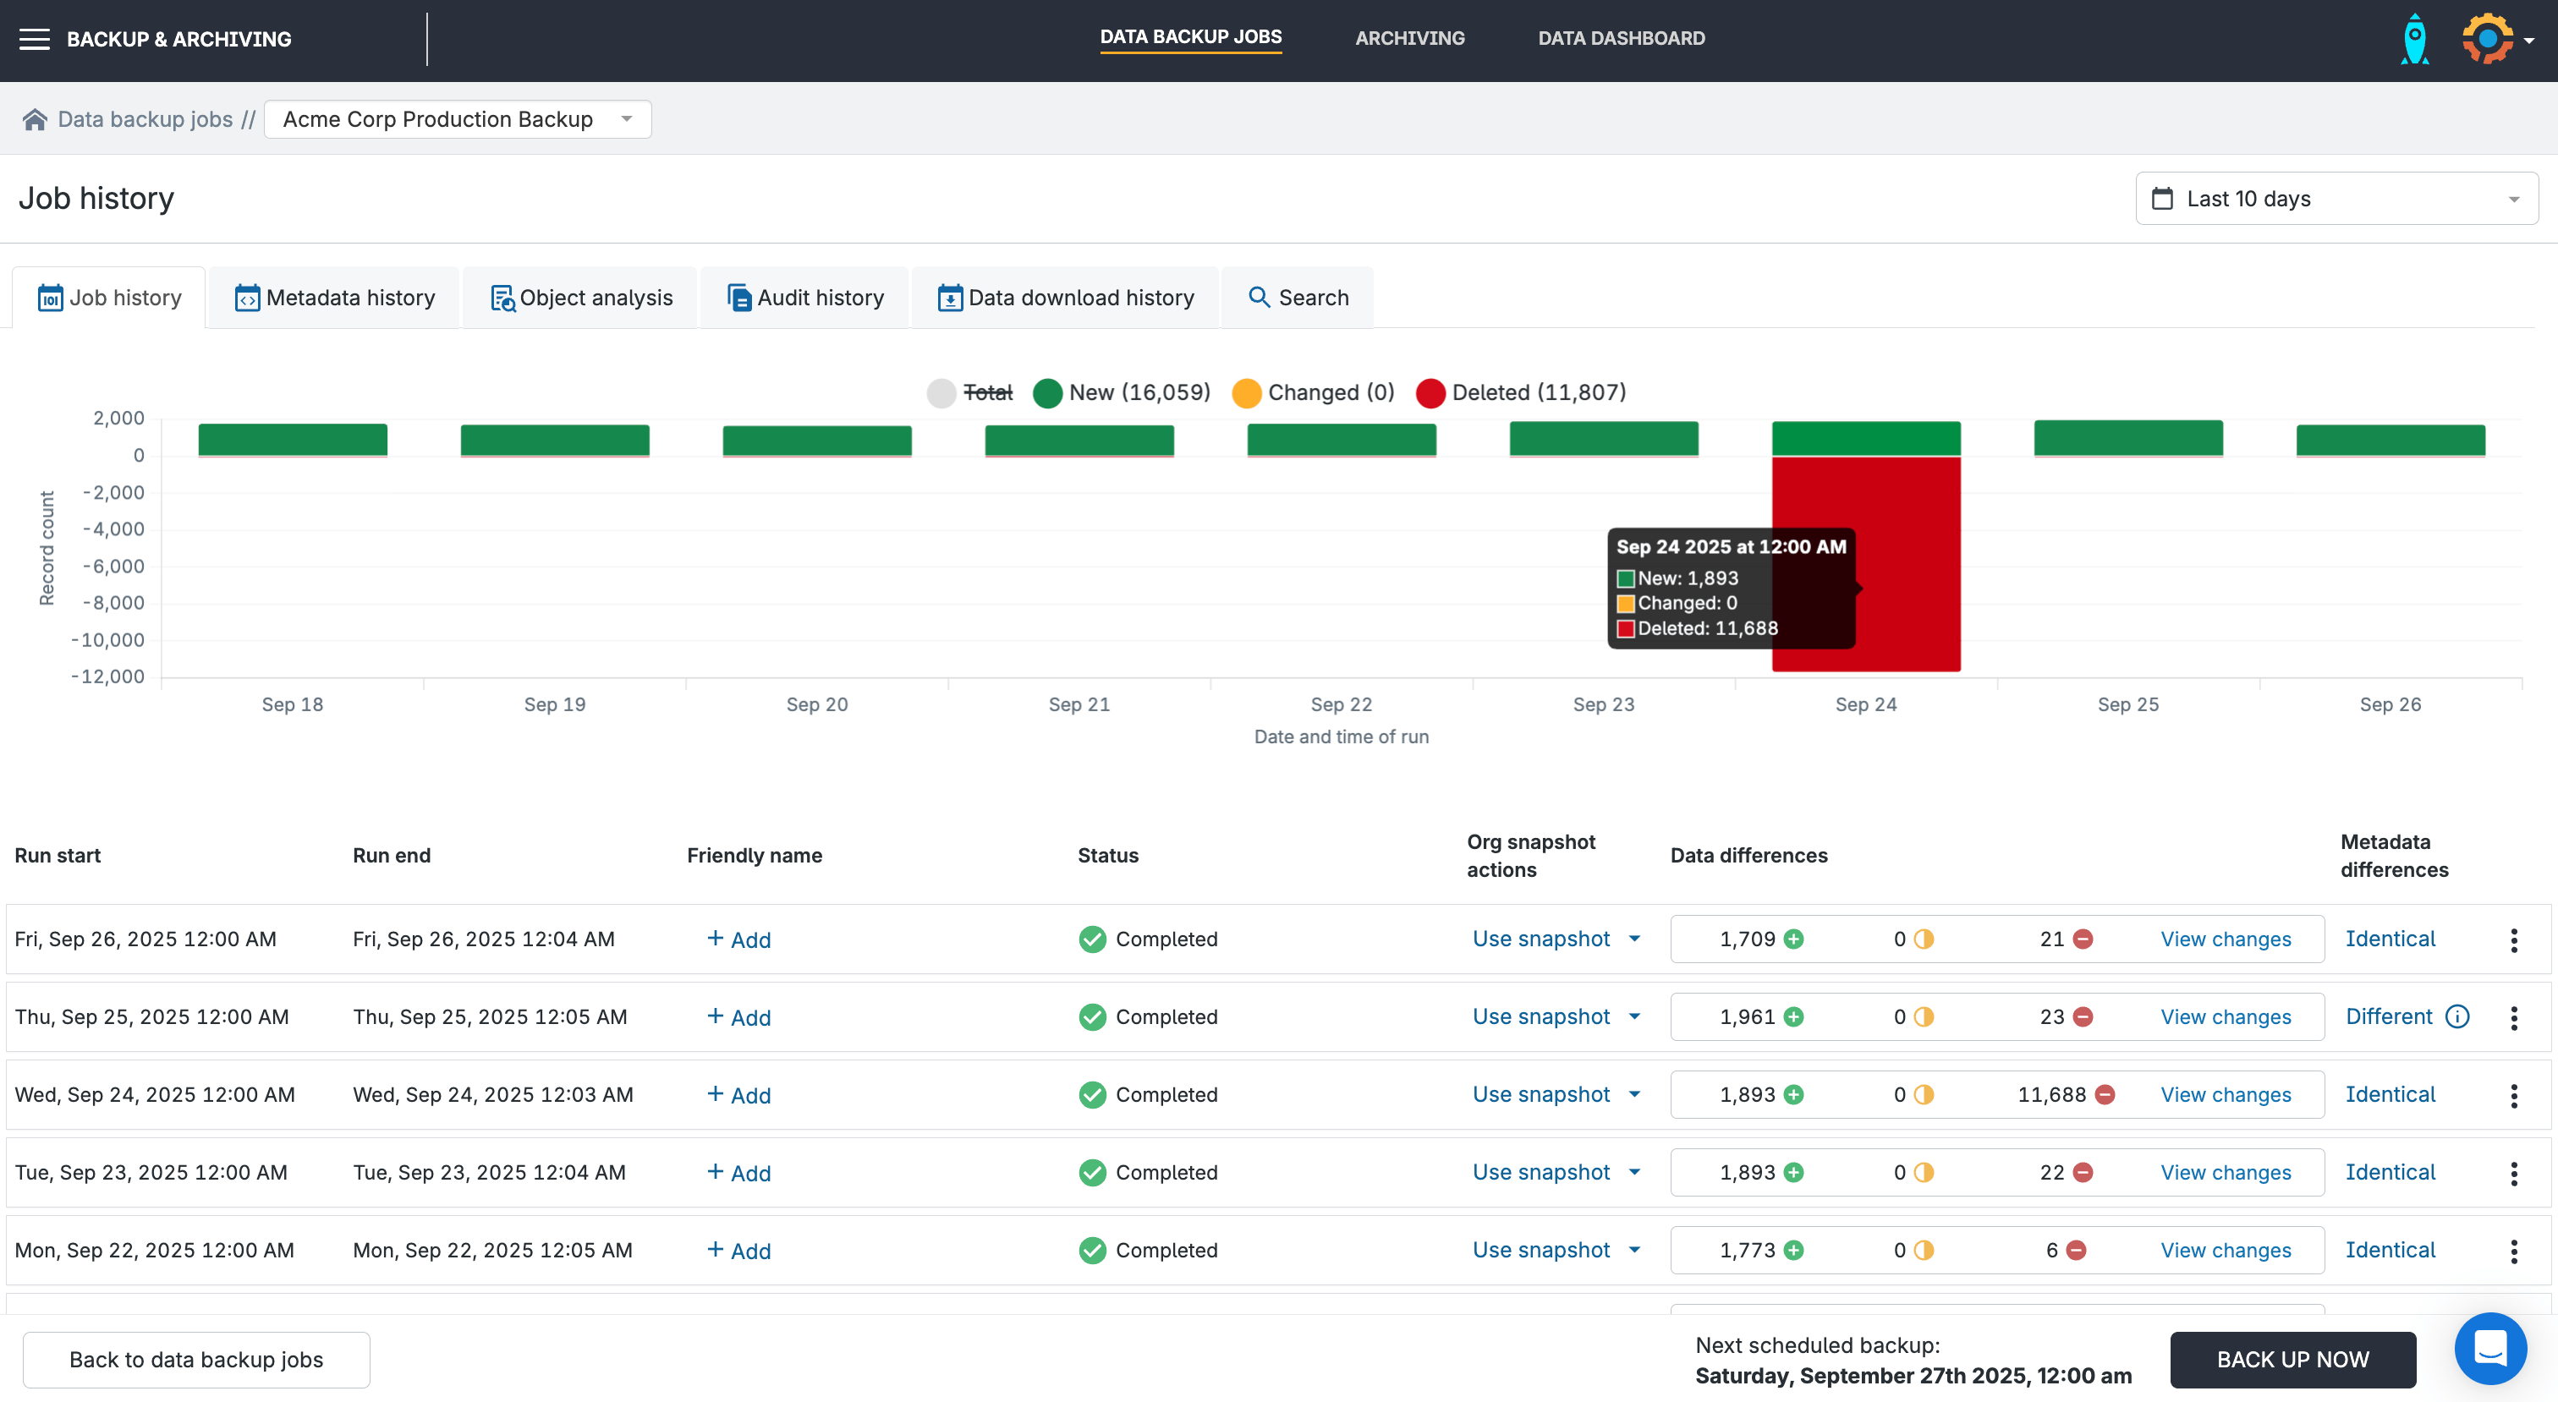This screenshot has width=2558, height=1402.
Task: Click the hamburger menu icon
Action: point(35,40)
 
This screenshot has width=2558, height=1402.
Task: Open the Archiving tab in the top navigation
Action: point(1409,39)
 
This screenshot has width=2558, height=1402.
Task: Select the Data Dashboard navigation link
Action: point(1621,39)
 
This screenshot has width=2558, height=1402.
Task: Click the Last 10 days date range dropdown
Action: point(2336,199)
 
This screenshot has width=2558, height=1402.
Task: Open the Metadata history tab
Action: point(335,298)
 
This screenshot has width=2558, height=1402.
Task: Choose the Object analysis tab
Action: point(582,298)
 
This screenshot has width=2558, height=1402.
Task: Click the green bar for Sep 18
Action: point(293,440)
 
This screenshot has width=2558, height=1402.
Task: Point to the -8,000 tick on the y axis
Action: point(114,604)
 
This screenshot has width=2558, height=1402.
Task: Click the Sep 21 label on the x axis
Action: point(1079,705)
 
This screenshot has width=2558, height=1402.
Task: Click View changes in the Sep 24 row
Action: point(2226,1095)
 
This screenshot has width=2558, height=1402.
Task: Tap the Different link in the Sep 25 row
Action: point(2388,1016)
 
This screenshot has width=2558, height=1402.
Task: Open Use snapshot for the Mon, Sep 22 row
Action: point(1555,1250)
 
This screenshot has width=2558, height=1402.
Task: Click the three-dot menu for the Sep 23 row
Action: point(2513,1174)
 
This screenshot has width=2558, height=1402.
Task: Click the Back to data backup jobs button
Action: point(196,1361)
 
